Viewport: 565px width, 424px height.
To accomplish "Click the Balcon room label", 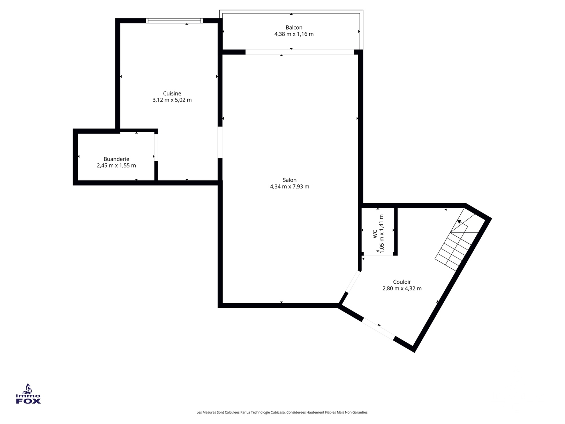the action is pyautogui.click(x=294, y=28).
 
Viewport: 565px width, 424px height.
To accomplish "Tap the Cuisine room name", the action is pyautogui.click(x=172, y=94).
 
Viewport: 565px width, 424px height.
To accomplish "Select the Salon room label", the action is pyautogui.click(x=289, y=180).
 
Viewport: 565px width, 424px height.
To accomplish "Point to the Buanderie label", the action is pyautogui.click(x=116, y=159).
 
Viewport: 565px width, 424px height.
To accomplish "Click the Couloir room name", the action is pyautogui.click(x=402, y=282).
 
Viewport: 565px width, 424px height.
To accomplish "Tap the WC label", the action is pyautogui.click(x=375, y=234).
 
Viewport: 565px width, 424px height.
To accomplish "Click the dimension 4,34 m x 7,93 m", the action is pyautogui.click(x=289, y=187).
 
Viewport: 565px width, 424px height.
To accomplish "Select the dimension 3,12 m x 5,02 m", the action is pyautogui.click(x=172, y=100).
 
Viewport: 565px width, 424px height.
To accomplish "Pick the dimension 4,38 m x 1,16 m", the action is pyautogui.click(x=294, y=34).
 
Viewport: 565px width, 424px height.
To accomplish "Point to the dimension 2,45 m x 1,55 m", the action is pyautogui.click(x=116, y=165).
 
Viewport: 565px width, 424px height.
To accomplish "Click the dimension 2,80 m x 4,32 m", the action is pyautogui.click(x=402, y=289).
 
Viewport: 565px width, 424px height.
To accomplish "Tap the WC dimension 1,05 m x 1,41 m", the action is pyautogui.click(x=382, y=234).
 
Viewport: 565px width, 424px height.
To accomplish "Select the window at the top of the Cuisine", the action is pyautogui.click(x=174, y=21).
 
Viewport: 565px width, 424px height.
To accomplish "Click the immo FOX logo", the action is pyautogui.click(x=28, y=394).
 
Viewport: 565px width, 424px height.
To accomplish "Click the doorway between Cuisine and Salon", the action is pyautogui.click(x=220, y=142).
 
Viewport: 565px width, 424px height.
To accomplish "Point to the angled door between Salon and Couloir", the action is pyautogui.click(x=353, y=281).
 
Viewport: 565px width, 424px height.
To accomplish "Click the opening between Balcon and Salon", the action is pyautogui.click(x=300, y=52).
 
